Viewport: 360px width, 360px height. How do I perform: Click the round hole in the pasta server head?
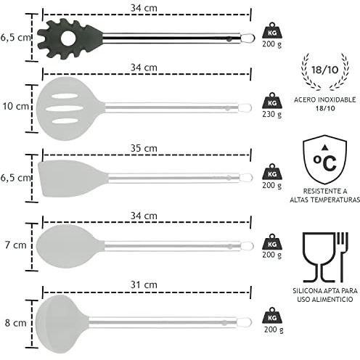point(68,38)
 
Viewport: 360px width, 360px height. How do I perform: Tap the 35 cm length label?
point(144,148)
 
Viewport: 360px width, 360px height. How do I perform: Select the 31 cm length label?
point(144,285)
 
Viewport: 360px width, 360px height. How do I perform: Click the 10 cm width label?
point(16,106)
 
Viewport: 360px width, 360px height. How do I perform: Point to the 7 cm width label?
point(16,245)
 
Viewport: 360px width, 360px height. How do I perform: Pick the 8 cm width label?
point(16,323)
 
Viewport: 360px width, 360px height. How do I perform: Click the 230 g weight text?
point(272,114)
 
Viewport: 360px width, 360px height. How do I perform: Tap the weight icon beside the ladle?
point(272,316)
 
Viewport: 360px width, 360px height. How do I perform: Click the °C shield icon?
point(325,160)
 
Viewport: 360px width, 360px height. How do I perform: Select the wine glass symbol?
point(319,258)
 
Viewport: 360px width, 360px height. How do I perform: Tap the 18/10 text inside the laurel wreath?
point(325,70)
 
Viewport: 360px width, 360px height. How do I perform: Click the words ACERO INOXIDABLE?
point(325,99)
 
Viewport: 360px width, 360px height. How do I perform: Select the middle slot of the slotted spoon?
point(64,108)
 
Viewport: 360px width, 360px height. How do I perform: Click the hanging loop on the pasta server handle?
point(248,38)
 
